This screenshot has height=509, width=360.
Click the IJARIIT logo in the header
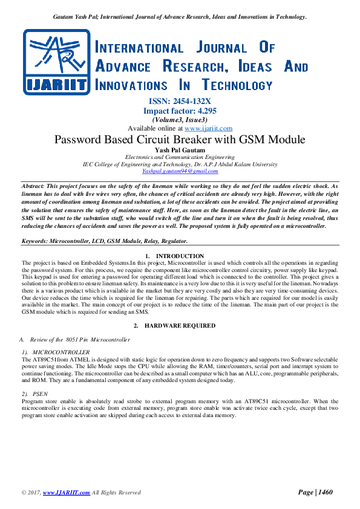click(x=56, y=63)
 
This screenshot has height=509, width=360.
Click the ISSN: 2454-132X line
click(x=180, y=102)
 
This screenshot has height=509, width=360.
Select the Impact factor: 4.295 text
click(x=180, y=111)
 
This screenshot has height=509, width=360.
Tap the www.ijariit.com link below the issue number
click(x=208, y=128)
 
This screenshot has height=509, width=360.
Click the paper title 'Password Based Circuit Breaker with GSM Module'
click(x=180, y=140)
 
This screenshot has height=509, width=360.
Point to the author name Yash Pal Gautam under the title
click(x=180, y=150)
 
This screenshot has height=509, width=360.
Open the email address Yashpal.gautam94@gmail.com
click(x=180, y=171)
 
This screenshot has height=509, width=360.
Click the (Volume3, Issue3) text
click(x=180, y=120)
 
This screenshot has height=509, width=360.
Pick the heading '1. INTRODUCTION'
click(x=180, y=256)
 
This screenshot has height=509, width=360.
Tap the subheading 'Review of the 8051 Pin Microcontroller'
click(x=79, y=340)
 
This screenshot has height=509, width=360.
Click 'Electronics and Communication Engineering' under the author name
click(x=180, y=157)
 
